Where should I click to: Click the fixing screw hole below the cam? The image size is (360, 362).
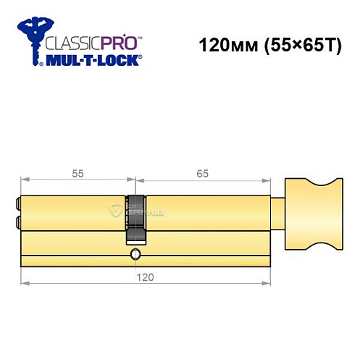pos(135,255)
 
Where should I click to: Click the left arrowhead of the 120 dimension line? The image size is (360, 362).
pos(25,283)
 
